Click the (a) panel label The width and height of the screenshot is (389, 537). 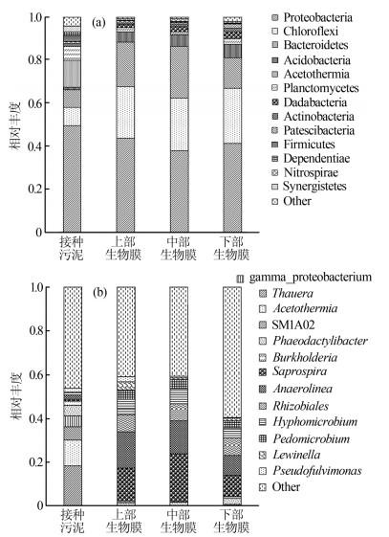98,23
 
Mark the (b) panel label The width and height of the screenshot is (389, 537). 99,293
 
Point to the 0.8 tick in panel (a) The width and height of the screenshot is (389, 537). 35,59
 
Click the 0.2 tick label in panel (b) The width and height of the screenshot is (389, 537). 36,462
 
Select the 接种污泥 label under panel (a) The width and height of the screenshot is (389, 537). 72,248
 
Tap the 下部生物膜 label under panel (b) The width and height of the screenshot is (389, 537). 231,521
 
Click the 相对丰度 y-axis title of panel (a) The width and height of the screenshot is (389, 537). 15,124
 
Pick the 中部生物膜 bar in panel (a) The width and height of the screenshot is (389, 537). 180,124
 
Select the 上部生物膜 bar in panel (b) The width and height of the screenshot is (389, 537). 126,396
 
